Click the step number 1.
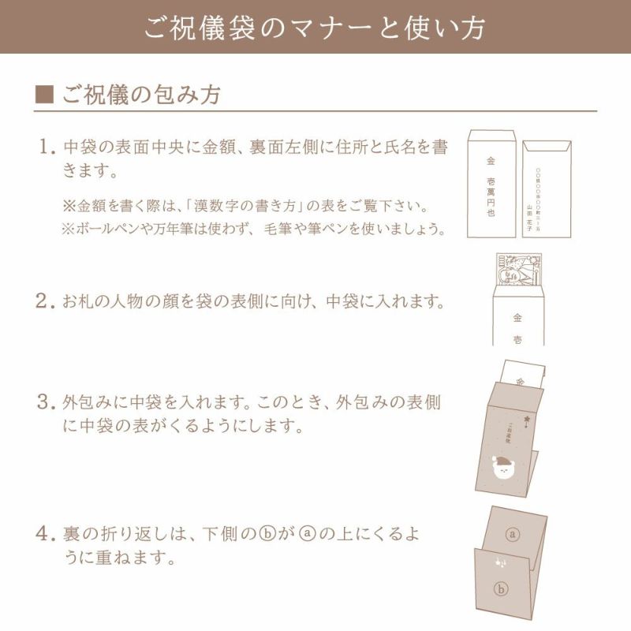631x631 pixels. pyautogui.click(x=46, y=147)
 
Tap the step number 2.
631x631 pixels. pyautogui.click(x=45, y=301)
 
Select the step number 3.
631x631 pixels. pyautogui.click(x=45, y=402)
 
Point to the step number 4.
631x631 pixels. pyautogui.click(x=45, y=534)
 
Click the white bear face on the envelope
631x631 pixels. pyautogui.click(x=502, y=469)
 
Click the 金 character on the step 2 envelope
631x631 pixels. pyautogui.click(x=517, y=319)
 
